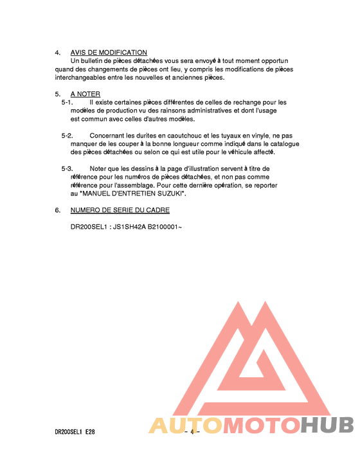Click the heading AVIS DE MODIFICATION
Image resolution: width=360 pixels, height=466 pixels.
[109, 53]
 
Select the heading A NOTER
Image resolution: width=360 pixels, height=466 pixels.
[85, 94]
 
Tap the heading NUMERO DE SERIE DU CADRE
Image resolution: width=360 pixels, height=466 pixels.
[120, 210]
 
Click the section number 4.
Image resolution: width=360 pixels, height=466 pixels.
[57, 53]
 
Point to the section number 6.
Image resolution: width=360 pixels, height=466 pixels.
[57, 210]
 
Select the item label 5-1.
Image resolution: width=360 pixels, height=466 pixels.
[67, 102]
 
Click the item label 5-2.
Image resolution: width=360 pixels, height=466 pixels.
[67, 136]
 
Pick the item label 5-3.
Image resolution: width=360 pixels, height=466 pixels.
[67, 168]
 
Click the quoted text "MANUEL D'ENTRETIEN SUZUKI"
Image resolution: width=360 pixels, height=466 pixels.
[133, 193]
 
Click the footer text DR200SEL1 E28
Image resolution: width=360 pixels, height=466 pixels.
[76, 432]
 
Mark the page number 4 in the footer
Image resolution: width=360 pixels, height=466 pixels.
[192, 432]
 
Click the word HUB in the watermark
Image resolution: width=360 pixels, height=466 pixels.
[327, 426]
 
